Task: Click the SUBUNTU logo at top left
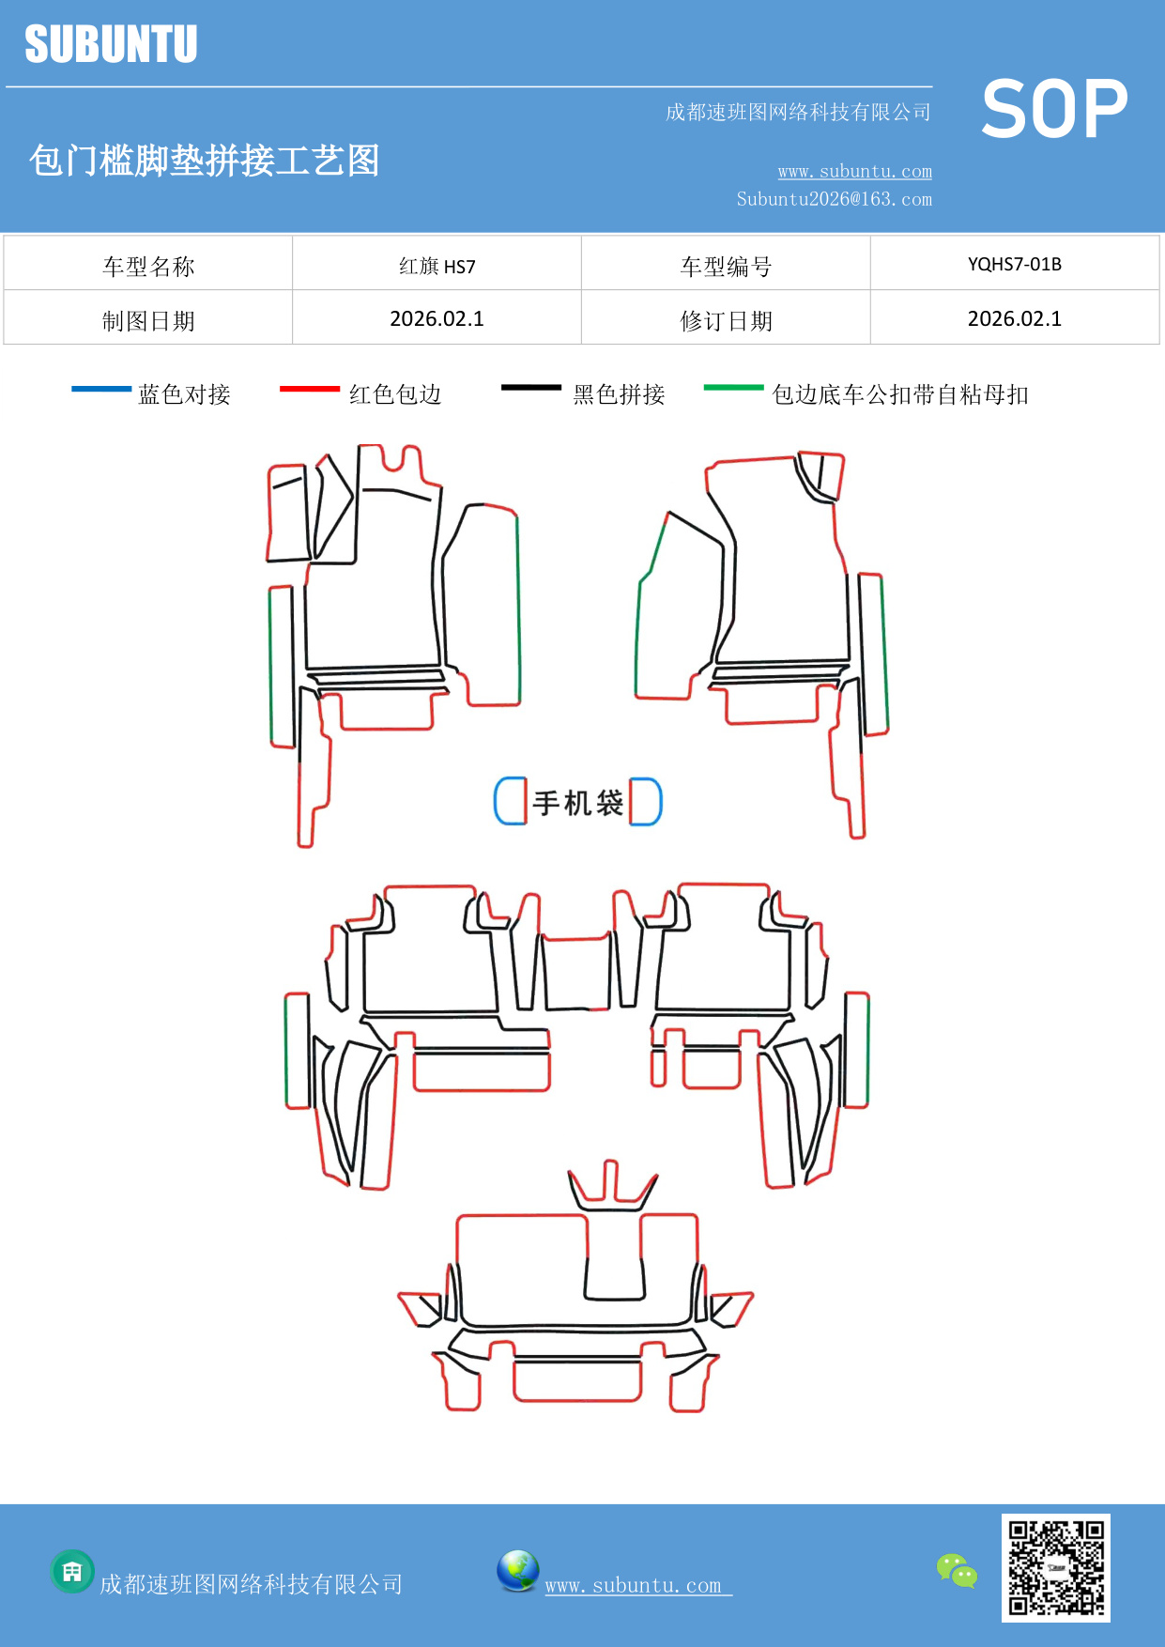pos(111,44)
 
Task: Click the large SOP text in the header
pos(1054,109)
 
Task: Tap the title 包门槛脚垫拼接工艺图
pos(204,161)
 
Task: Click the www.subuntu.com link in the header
pos(854,171)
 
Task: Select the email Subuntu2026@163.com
pos(834,199)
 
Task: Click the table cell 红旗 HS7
pos(437,266)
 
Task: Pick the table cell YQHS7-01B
pos(1014,264)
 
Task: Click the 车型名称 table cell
pos(148,267)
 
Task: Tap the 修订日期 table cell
pos(726,321)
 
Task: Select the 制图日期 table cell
pos(148,321)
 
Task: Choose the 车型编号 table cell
pos(726,267)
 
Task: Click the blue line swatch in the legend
pos(101,388)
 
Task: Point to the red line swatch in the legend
pos(309,388)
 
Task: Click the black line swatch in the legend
pos(530,387)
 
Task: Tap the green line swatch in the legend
pos(733,387)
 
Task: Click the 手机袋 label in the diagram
pos(577,803)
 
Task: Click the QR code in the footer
pos(1055,1567)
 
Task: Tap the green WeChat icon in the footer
pos(957,1570)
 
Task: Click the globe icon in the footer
pos(517,1571)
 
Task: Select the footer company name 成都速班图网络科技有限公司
pos(251,1584)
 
